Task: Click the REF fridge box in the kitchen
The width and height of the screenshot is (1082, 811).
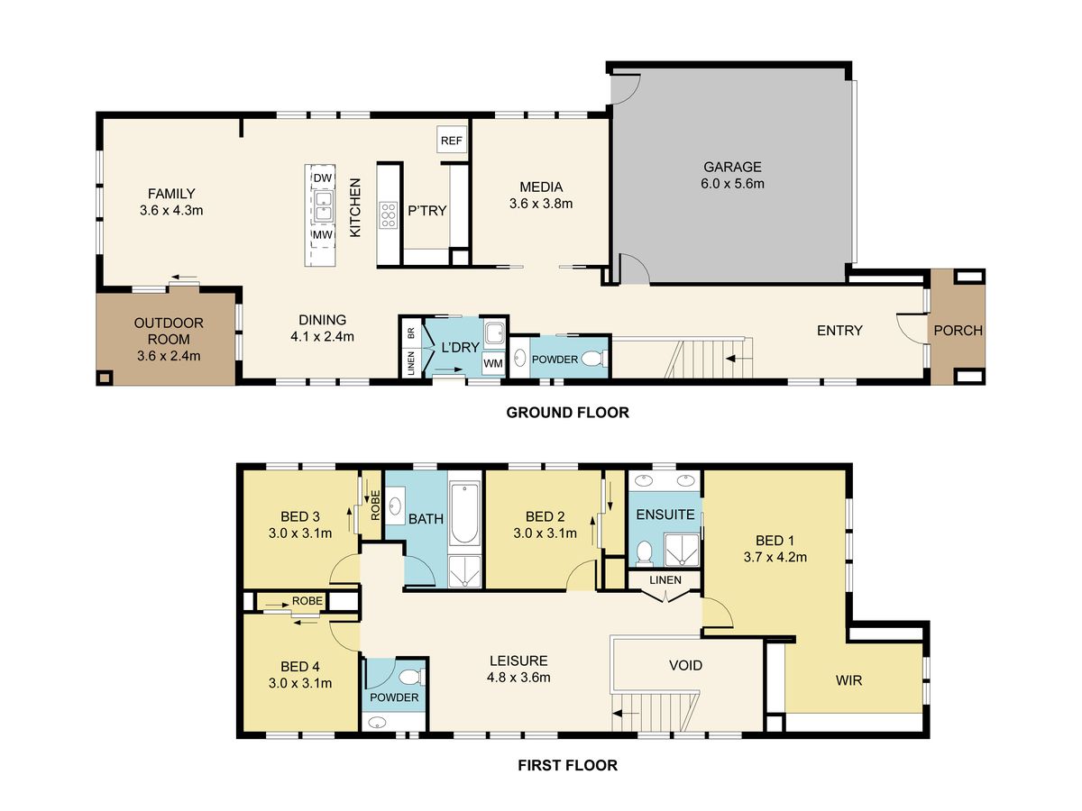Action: (x=451, y=140)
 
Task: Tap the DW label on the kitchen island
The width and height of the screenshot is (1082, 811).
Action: (x=323, y=178)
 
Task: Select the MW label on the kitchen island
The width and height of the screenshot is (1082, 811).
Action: (x=323, y=235)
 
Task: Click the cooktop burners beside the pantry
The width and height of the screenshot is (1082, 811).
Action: (x=388, y=215)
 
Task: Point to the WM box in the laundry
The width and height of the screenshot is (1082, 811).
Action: (x=493, y=363)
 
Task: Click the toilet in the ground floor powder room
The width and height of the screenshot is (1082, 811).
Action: (x=593, y=359)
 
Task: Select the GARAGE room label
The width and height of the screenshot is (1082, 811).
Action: (x=732, y=167)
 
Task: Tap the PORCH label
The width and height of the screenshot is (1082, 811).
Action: (x=958, y=330)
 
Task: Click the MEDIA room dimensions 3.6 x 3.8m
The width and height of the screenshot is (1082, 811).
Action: (x=541, y=204)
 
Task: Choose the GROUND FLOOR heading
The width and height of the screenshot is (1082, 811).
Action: (x=567, y=412)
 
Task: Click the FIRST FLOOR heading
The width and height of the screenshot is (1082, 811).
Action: (x=567, y=765)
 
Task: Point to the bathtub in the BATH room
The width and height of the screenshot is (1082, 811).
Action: (x=464, y=514)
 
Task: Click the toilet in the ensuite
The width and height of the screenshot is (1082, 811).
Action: (x=643, y=552)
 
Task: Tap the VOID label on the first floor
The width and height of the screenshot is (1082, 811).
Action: (x=685, y=665)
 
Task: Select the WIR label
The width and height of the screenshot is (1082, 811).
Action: (x=848, y=680)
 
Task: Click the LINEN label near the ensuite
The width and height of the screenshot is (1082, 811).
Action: (x=665, y=579)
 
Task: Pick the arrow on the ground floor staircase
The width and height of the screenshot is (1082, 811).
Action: (x=737, y=359)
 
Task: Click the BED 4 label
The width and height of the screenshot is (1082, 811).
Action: (x=299, y=666)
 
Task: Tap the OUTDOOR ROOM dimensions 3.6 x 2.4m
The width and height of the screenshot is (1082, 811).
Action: (x=169, y=356)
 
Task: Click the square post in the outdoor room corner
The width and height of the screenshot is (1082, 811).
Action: (x=105, y=378)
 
